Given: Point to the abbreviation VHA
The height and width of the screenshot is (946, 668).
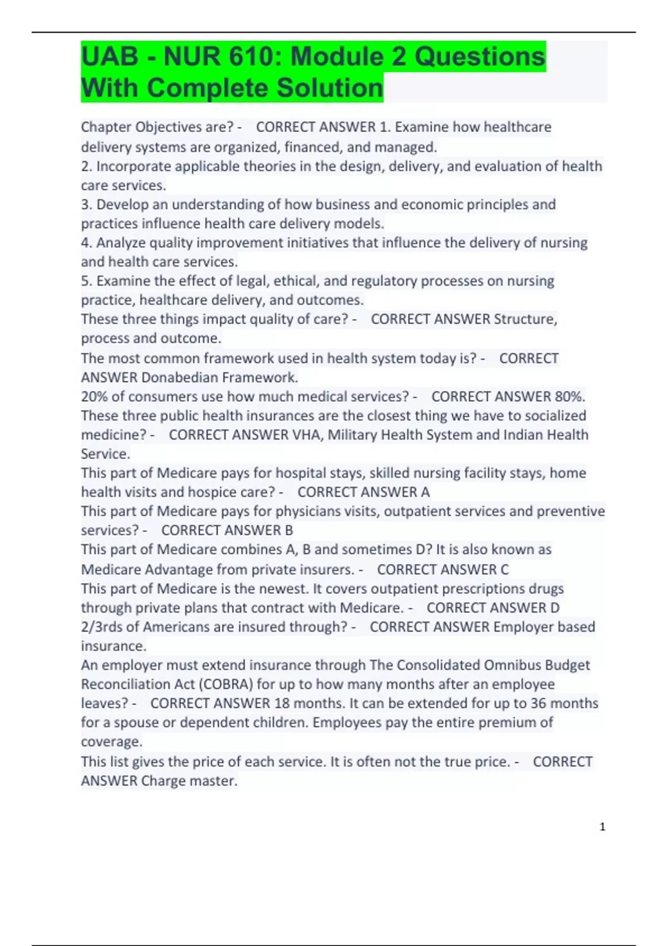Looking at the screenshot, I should [307, 435].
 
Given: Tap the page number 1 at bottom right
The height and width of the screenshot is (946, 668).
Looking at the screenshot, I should [602, 827].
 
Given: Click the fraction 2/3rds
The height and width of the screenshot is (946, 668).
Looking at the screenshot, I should [101, 627].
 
